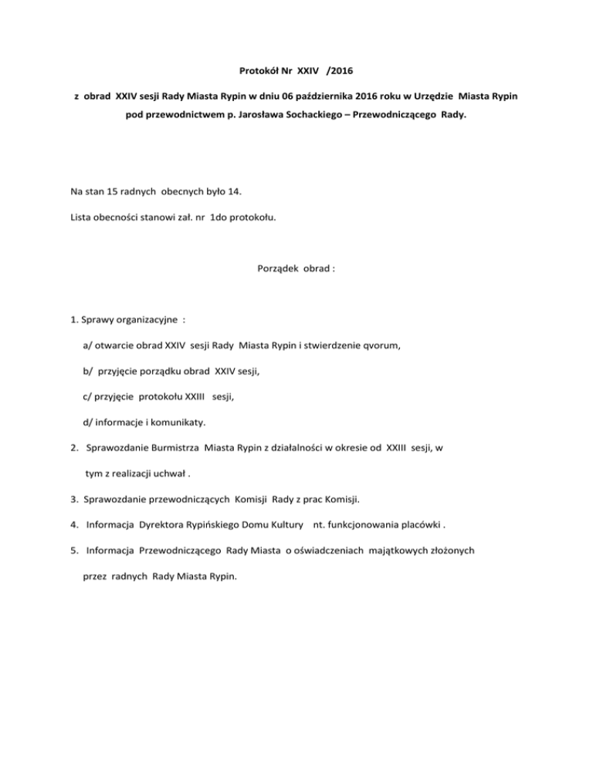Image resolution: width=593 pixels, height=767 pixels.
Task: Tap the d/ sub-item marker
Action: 87,422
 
